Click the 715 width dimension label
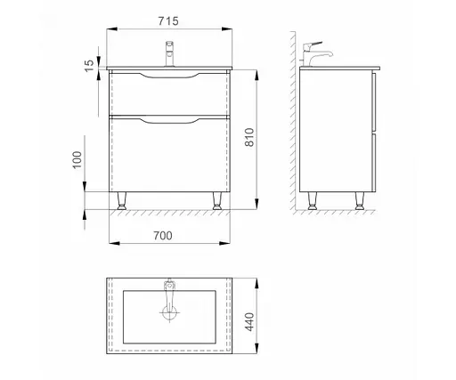click(168, 21)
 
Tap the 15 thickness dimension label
click(89, 66)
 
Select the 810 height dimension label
click(249, 137)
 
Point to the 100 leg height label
click(77, 160)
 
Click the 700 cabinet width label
click(163, 236)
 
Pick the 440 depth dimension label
click(249, 322)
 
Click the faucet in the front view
click(169, 53)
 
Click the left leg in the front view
click(121, 201)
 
